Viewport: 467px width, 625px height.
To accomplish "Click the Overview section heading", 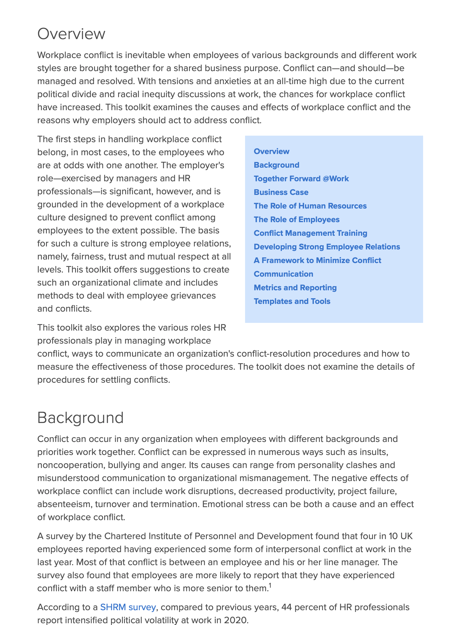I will click(71, 34).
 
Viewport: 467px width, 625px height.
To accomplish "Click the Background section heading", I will click(80, 418).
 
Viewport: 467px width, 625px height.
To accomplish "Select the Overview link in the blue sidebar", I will click(271, 151).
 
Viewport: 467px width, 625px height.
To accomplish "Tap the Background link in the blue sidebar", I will click(276, 165).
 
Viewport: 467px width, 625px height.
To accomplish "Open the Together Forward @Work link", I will click(301, 179).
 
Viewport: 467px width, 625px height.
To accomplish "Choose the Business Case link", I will click(281, 192).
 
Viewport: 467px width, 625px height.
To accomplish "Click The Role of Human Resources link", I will click(310, 206).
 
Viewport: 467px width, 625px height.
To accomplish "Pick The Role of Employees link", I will click(296, 219).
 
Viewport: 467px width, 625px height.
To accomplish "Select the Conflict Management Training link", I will click(310, 233).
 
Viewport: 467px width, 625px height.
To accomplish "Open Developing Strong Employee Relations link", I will click(327, 247).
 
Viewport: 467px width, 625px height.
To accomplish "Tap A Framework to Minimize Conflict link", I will click(317, 260).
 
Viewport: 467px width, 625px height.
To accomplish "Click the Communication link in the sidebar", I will click(283, 274).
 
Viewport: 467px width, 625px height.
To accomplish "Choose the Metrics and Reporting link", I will click(295, 288).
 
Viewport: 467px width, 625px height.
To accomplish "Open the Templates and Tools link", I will click(292, 301).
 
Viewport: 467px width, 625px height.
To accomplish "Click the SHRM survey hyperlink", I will click(128, 607).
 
